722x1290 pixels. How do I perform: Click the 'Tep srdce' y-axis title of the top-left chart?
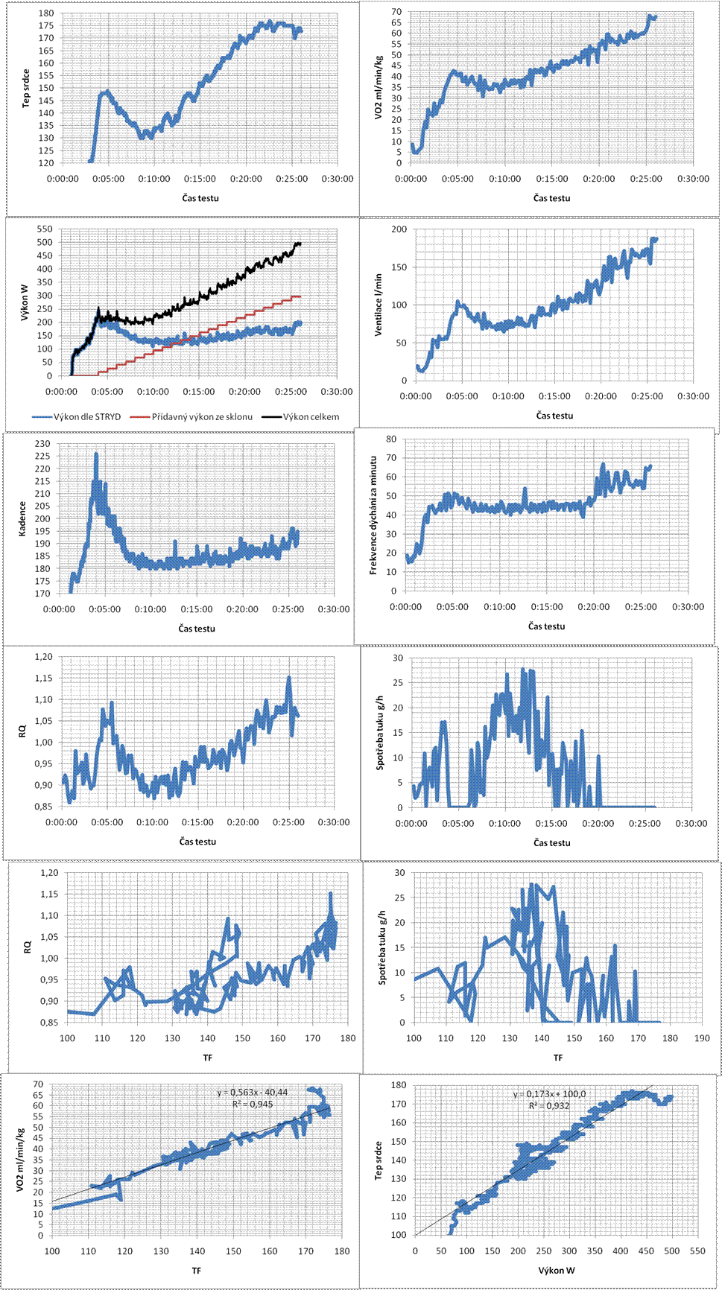point(26,88)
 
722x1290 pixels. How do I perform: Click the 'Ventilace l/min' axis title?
point(379,305)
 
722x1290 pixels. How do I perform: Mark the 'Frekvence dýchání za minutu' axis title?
point(373,515)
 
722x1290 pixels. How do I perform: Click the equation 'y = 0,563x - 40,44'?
point(253,1092)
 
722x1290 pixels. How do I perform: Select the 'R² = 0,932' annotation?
point(549,1105)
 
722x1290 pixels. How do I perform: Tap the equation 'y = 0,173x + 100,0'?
point(549,1094)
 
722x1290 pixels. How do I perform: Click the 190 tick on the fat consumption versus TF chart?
point(701,1038)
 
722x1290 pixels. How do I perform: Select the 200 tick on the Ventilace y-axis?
point(399,229)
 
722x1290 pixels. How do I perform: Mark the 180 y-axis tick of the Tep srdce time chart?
point(45,13)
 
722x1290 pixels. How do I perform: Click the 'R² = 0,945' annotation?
point(256,1104)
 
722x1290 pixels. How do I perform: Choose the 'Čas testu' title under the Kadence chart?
point(197,629)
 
